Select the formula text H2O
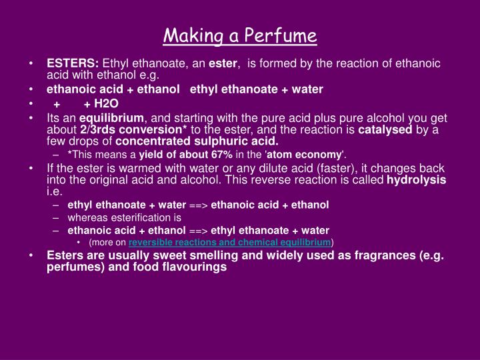point(106,103)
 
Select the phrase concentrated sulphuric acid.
point(197,141)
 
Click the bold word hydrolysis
point(417,180)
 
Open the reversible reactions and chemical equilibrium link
point(230,242)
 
